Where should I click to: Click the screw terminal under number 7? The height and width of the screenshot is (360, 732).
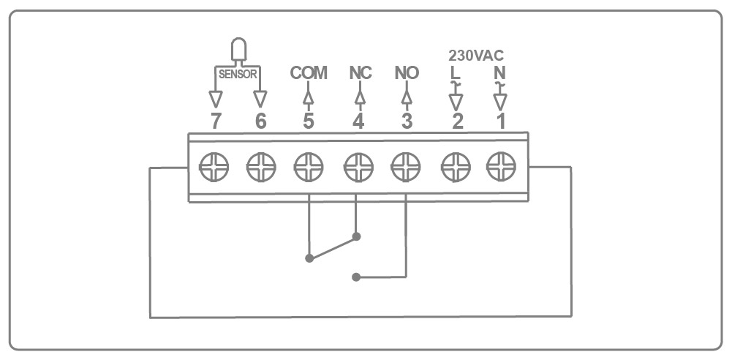tap(214, 167)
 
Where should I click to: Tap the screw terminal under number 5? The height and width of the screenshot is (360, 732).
tap(309, 167)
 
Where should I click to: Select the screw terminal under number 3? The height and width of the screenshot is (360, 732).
tap(406, 167)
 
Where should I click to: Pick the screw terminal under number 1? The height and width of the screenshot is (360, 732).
tap(501, 167)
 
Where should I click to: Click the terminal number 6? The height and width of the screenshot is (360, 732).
tap(261, 121)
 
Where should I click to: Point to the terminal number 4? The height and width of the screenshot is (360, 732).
tap(358, 121)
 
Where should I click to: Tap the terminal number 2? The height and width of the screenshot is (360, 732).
tap(458, 121)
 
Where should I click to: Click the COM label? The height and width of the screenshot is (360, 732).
tap(309, 73)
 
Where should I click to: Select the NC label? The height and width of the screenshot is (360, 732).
tap(361, 73)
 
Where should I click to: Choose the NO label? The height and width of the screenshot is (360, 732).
tap(407, 73)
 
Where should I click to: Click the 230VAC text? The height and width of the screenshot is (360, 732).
tap(476, 56)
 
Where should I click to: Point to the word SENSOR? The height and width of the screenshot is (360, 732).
tap(238, 74)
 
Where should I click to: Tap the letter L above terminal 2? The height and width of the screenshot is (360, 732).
tap(455, 73)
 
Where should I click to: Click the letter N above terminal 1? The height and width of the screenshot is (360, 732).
tap(499, 73)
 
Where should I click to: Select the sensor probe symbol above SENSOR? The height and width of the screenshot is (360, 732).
tap(238, 50)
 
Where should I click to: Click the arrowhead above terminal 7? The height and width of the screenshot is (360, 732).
tap(215, 99)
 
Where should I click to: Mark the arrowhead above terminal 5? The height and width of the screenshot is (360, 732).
tap(308, 97)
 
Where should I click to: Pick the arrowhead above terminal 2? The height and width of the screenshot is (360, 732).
tap(456, 102)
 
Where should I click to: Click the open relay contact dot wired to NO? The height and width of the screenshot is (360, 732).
tap(356, 277)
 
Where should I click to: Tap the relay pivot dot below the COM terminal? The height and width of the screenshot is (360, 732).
tap(309, 258)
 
